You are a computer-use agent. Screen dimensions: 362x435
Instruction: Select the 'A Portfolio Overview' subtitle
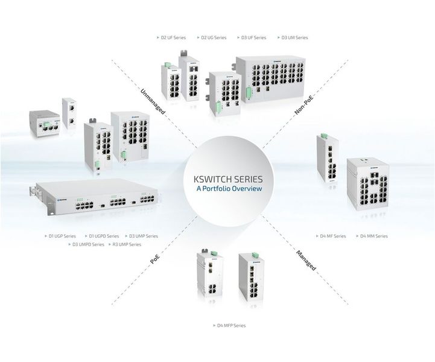(x=229, y=189)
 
